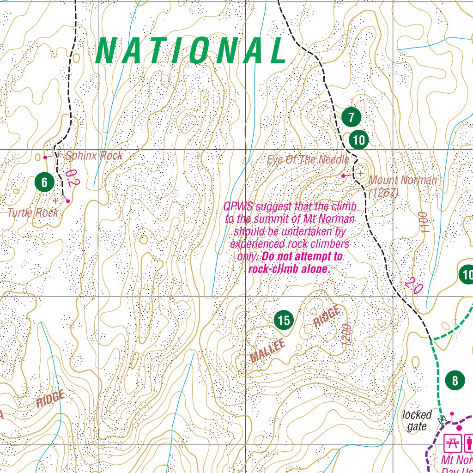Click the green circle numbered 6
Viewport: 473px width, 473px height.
pos(44,182)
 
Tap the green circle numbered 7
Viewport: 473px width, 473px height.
pos(352,117)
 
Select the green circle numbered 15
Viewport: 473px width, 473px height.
pos(284,320)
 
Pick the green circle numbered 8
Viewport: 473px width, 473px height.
pos(455,381)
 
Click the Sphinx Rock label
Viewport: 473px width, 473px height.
pos(94,156)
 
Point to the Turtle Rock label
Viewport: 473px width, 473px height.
pos(33,212)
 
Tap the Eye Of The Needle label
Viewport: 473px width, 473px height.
pos(308,160)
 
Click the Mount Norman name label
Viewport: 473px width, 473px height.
pos(403,180)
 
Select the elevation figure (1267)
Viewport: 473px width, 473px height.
pos(383,192)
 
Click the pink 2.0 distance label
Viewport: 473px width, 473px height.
pos(413,285)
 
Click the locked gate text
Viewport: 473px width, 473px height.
pos(417,421)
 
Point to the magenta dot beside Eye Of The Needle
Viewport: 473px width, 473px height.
pos(343,176)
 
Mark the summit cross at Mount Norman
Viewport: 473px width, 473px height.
pos(361,173)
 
